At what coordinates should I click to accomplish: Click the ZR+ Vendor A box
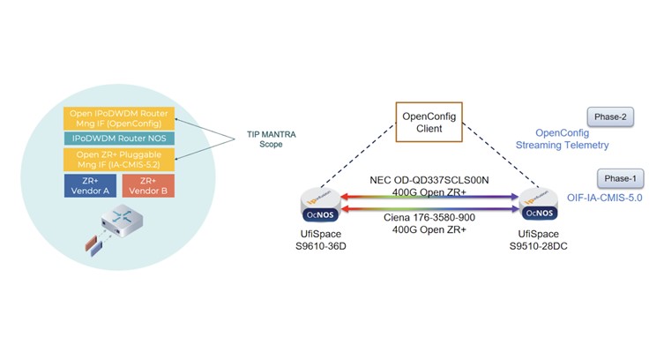coord(89,185)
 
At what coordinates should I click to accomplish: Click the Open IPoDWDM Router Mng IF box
coord(120,117)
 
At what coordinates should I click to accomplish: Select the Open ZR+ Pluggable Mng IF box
coord(120,159)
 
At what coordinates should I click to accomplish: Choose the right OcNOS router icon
coord(540,204)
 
